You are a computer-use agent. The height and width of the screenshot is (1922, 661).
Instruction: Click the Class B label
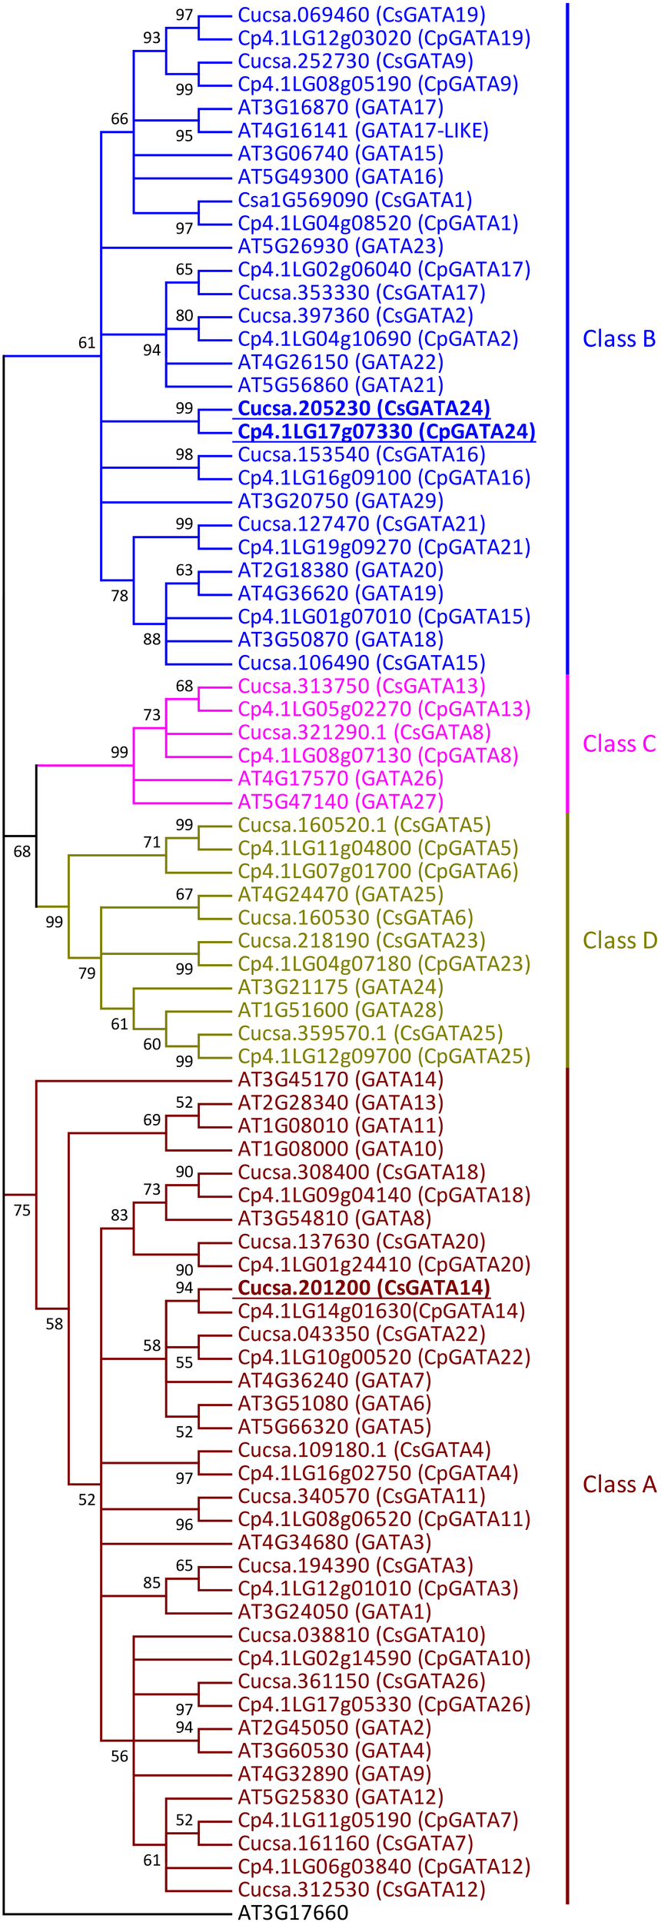[x=619, y=339]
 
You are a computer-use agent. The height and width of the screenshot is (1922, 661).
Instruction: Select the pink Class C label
[x=619, y=744]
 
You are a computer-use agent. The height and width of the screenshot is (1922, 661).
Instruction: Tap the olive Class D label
[x=619, y=941]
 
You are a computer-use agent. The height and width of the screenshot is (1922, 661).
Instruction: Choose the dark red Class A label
[x=619, y=1485]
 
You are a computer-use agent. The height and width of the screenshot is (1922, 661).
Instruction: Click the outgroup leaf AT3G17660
[x=293, y=1907]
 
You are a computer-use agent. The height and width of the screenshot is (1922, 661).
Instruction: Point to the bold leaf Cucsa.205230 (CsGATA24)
[x=364, y=408]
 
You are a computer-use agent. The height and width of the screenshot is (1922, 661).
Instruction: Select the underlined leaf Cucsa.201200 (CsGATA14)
[x=364, y=1288]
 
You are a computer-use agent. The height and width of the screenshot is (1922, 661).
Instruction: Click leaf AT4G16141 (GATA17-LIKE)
[x=363, y=131]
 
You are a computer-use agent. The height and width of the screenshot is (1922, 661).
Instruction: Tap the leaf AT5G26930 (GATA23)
[x=340, y=246]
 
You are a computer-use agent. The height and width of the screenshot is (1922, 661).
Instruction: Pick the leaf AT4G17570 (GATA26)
[x=340, y=779]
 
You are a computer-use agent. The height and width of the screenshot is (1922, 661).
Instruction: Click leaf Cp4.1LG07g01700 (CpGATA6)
[x=377, y=871]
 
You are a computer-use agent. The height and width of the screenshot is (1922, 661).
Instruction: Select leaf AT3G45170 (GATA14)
[x=340, y=1079]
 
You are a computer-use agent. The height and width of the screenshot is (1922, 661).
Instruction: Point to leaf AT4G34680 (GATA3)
[x=334, y=1542]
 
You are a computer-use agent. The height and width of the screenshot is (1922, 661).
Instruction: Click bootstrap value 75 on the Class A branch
[x=22, y=1211]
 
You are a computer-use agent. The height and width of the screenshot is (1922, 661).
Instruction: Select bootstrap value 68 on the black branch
[x=22, y=851]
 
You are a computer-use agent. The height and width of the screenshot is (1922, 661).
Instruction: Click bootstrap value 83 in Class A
[x=119, y=1215]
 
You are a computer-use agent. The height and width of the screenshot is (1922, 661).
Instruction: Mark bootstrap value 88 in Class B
[x=151, y=639]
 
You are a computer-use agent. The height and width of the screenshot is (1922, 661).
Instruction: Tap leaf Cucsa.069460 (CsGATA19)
[x=361, y=15]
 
